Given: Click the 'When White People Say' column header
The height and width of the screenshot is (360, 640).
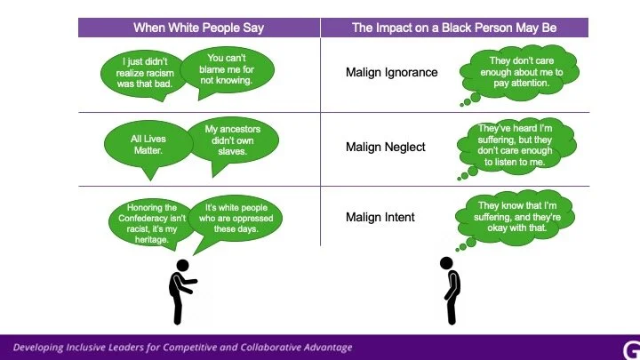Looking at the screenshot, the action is tap(199, 28).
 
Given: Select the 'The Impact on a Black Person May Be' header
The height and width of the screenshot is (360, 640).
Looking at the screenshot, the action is tap(454, 28).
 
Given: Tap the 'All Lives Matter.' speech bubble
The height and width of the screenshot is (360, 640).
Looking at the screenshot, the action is tap(148, 145).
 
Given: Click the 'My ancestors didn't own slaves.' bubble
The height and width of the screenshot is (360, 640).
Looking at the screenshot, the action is tap(233, 140).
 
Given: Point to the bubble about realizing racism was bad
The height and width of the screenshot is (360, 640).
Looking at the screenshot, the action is tap(145, 74).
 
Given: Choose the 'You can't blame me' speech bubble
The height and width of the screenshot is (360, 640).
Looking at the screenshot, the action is tap(227, 69).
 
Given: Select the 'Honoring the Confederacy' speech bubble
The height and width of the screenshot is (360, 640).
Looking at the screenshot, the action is tap(151, 223).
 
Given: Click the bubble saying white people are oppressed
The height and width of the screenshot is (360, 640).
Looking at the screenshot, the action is tap(236, 219).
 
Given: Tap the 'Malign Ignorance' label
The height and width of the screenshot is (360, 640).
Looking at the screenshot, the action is tap(391, 72).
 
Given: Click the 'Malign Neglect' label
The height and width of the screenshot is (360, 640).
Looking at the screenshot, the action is tap(385, 147).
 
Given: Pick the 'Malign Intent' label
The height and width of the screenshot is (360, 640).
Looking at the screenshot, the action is tap(380, 217).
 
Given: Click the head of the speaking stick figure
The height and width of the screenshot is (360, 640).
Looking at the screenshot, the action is tap(182, 266).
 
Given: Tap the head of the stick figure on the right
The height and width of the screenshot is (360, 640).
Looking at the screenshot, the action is tap(446, 263).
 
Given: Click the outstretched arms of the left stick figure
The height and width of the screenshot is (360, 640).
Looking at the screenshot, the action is tap(188, 284).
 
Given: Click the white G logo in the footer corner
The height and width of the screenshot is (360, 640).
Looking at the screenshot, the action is tap(631, 350).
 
